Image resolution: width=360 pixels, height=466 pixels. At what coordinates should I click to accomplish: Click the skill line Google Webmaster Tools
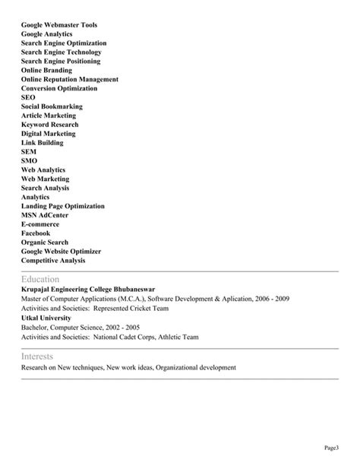tap(59, 25)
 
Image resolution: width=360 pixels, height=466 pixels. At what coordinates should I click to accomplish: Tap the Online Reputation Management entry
tap(70, 79)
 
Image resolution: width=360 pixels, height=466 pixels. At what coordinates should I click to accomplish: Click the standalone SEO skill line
tap(28, 97)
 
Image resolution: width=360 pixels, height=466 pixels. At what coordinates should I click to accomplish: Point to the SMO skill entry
tap(29, 160)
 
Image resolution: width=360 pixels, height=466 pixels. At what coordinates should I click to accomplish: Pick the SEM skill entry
tap(29, 151)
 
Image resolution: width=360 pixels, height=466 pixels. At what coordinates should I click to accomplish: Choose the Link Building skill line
tap(43, 142)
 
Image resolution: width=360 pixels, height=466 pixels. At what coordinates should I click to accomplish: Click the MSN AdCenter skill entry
tap(46, 215)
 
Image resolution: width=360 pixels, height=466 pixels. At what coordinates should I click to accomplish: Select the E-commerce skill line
tap(40, 224)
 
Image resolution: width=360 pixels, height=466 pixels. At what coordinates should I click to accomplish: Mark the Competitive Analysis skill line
tap(53, 260)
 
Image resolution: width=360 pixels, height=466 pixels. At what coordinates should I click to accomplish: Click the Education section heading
tap(39, 279)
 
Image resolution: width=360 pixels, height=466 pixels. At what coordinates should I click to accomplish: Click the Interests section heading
tap(38, 356)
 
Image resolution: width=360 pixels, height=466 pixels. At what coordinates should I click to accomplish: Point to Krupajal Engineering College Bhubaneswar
tap(89, 290)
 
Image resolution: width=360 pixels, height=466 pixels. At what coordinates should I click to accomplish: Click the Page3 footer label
tap(332, 447)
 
